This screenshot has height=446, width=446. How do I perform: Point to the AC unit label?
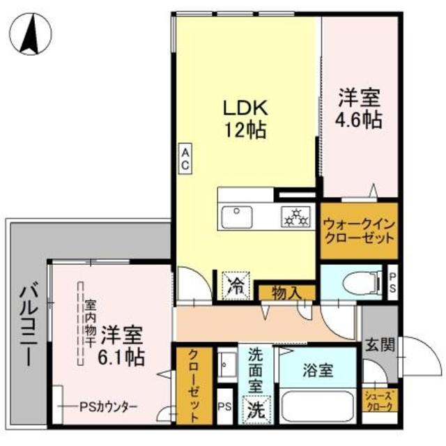(x=186, y=157)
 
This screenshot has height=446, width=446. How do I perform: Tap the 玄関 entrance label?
(x=379, y=344)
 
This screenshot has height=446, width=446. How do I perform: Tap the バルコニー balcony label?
(x=27, y=324)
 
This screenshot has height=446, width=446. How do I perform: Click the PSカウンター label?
(x=108, y=406)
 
